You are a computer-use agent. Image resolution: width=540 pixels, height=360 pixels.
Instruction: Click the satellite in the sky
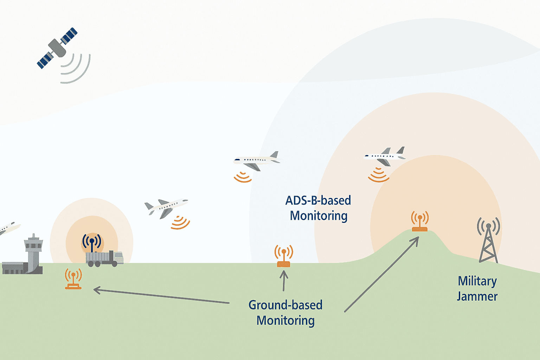57,48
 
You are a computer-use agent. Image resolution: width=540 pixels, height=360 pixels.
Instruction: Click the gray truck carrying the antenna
105,259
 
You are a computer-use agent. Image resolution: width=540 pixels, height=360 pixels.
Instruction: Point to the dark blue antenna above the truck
92,242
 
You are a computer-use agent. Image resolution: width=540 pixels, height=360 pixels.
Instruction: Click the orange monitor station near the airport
73,279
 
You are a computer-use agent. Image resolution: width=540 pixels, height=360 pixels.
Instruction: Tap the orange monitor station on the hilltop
420,221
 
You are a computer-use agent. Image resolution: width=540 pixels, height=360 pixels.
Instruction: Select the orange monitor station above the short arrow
284,256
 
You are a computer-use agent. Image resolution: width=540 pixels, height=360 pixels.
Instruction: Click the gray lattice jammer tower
488,240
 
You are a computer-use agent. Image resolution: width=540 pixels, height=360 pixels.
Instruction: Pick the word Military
477,282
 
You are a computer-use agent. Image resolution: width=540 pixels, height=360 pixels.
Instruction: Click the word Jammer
477,297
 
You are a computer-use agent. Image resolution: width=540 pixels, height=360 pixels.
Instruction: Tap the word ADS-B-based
318,201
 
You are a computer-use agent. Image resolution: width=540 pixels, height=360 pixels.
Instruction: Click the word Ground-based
285,305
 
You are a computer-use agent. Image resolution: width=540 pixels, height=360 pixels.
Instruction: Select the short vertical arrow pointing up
284,281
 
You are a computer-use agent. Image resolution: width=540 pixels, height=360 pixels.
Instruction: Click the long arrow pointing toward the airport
161,295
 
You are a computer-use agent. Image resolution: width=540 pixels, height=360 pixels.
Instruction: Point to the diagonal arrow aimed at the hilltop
382,275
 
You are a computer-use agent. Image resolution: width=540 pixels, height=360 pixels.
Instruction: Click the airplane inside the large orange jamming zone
385,156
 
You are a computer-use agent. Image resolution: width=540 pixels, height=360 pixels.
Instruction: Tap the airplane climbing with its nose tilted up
166,208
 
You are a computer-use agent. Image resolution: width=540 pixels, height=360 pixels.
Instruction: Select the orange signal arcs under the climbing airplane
180,223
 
